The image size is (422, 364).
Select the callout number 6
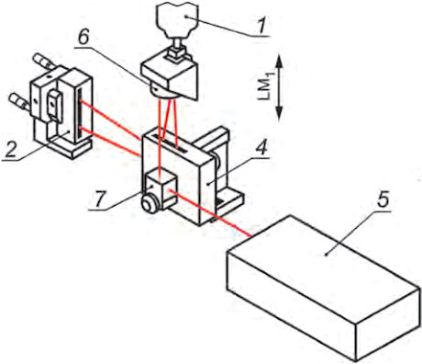point(83,38)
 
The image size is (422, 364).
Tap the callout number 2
point(10,150)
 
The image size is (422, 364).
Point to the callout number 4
point(261,147)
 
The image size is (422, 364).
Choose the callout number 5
point(383,200)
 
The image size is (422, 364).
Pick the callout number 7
point(97,199)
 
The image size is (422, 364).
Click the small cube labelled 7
point(162,190)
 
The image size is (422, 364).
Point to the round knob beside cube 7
point(150,204)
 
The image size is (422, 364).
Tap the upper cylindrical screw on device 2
point(45,62)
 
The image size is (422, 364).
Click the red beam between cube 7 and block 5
point(210,213)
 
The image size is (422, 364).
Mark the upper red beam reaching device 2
point(111,119)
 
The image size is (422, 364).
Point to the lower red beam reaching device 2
point(111,142)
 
